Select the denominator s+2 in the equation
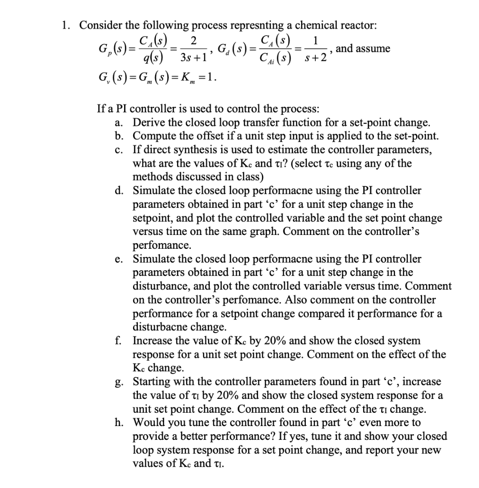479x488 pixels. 316,58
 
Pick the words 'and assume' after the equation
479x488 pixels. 363,49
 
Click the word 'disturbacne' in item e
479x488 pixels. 160,327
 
